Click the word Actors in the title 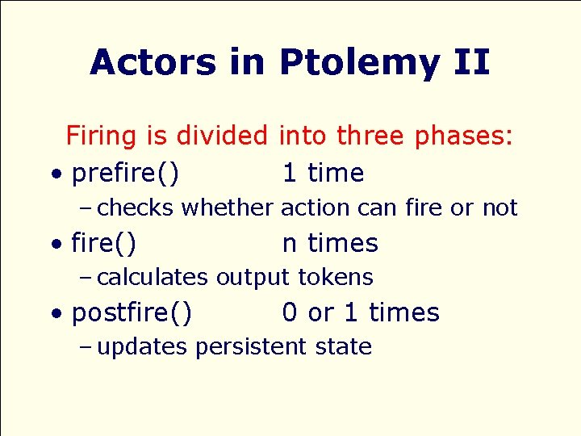[153, 62]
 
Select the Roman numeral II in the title [470, 62]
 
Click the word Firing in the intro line [102, 136]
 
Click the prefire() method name [126, 174]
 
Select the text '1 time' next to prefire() [323, 173]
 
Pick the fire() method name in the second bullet [103, 243]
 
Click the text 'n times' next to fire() [330, 243]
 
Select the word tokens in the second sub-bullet [335, 278]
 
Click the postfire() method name [132, 313]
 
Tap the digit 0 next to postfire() [290, 312]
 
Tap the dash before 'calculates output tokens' [86, 278]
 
